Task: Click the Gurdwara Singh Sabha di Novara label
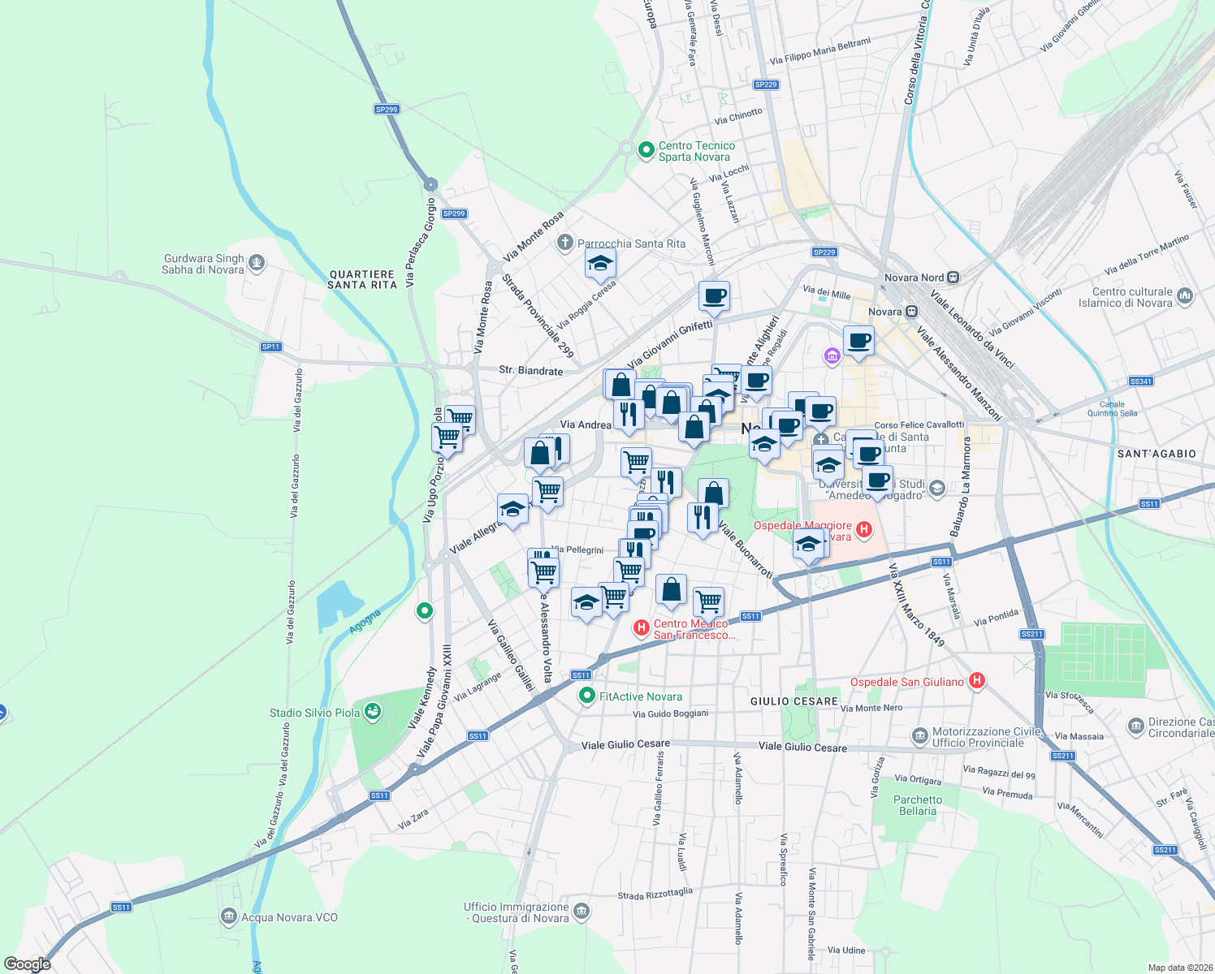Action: (x=203, y=264)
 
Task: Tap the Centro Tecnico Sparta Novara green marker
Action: (x=646, y=149)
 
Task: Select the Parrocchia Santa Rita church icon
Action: (x=565, y=243)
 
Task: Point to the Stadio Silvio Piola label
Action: (x=314, y=713)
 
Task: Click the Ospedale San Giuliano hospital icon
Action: (x=977, y=681)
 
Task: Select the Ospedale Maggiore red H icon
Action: (x=864, y=530)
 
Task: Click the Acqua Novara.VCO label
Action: (x=289, y=917)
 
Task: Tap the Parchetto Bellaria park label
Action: (x=918, y=805)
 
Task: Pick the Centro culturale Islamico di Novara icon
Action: (x=1185, y=296)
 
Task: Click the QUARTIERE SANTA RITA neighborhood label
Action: (x=362, y=279)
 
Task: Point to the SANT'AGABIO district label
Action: (x=1157, y=454)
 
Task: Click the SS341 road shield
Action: (x=1140, y=381)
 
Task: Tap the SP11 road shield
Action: (x=270, y=347)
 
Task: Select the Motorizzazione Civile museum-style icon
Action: (x=919, y=736)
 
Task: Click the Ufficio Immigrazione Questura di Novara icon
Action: (x=582, y=912)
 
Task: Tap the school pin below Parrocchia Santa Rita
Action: (x=600, y=264)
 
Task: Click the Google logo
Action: (x=28, y=963)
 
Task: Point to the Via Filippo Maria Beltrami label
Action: (x=819, y=51)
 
